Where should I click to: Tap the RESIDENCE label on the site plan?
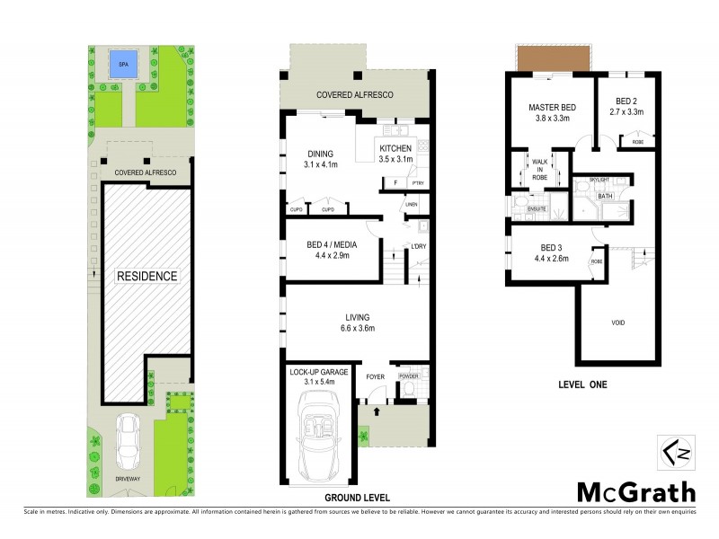click(146, 277)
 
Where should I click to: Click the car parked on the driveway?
click(129, 438)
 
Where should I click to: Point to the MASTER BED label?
click(551, 108)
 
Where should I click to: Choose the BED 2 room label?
click(627, 102)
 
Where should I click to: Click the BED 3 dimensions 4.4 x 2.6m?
click(551, 259)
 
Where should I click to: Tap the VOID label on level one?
click(617, 323)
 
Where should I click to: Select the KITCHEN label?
click(395, 148)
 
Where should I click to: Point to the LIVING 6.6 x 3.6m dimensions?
click(358, 329)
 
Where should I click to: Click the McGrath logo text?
click(635, 491)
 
